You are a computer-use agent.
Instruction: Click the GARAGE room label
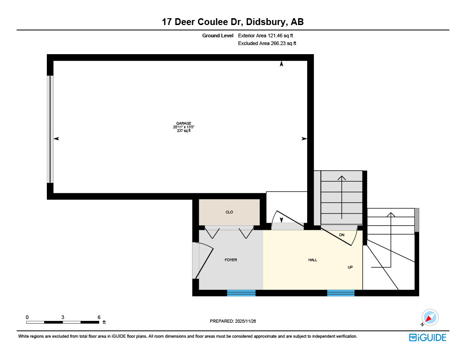(x=184, y=123)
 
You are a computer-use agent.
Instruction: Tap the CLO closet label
(x=229, y=212)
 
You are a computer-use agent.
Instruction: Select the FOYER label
(x=231, y=260)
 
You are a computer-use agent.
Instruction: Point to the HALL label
(x=313, y=260)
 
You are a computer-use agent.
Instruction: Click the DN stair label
(x=342, y=235)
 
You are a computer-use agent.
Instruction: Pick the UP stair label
(x=350, y=267)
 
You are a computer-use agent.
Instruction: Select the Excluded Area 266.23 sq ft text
(x=267, y=44)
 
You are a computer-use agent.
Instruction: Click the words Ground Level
(x=218, y=35)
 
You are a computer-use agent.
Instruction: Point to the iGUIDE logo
(x=427, y=337)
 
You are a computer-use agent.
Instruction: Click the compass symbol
(x=430, y=317)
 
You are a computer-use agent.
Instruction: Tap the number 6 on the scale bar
(x=99, y=317)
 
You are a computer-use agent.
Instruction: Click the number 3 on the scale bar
(x=63, y=317)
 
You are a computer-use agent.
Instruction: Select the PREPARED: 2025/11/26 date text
(x=233, y=321)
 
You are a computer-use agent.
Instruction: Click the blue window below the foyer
(x=241, y=293)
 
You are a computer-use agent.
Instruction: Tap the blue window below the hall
(x=341, y=293)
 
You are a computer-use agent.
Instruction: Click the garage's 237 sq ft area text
(x=184, y=131)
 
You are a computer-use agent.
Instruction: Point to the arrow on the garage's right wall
(x=304, y=139)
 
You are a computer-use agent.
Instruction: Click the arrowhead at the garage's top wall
(x=282, y=64)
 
